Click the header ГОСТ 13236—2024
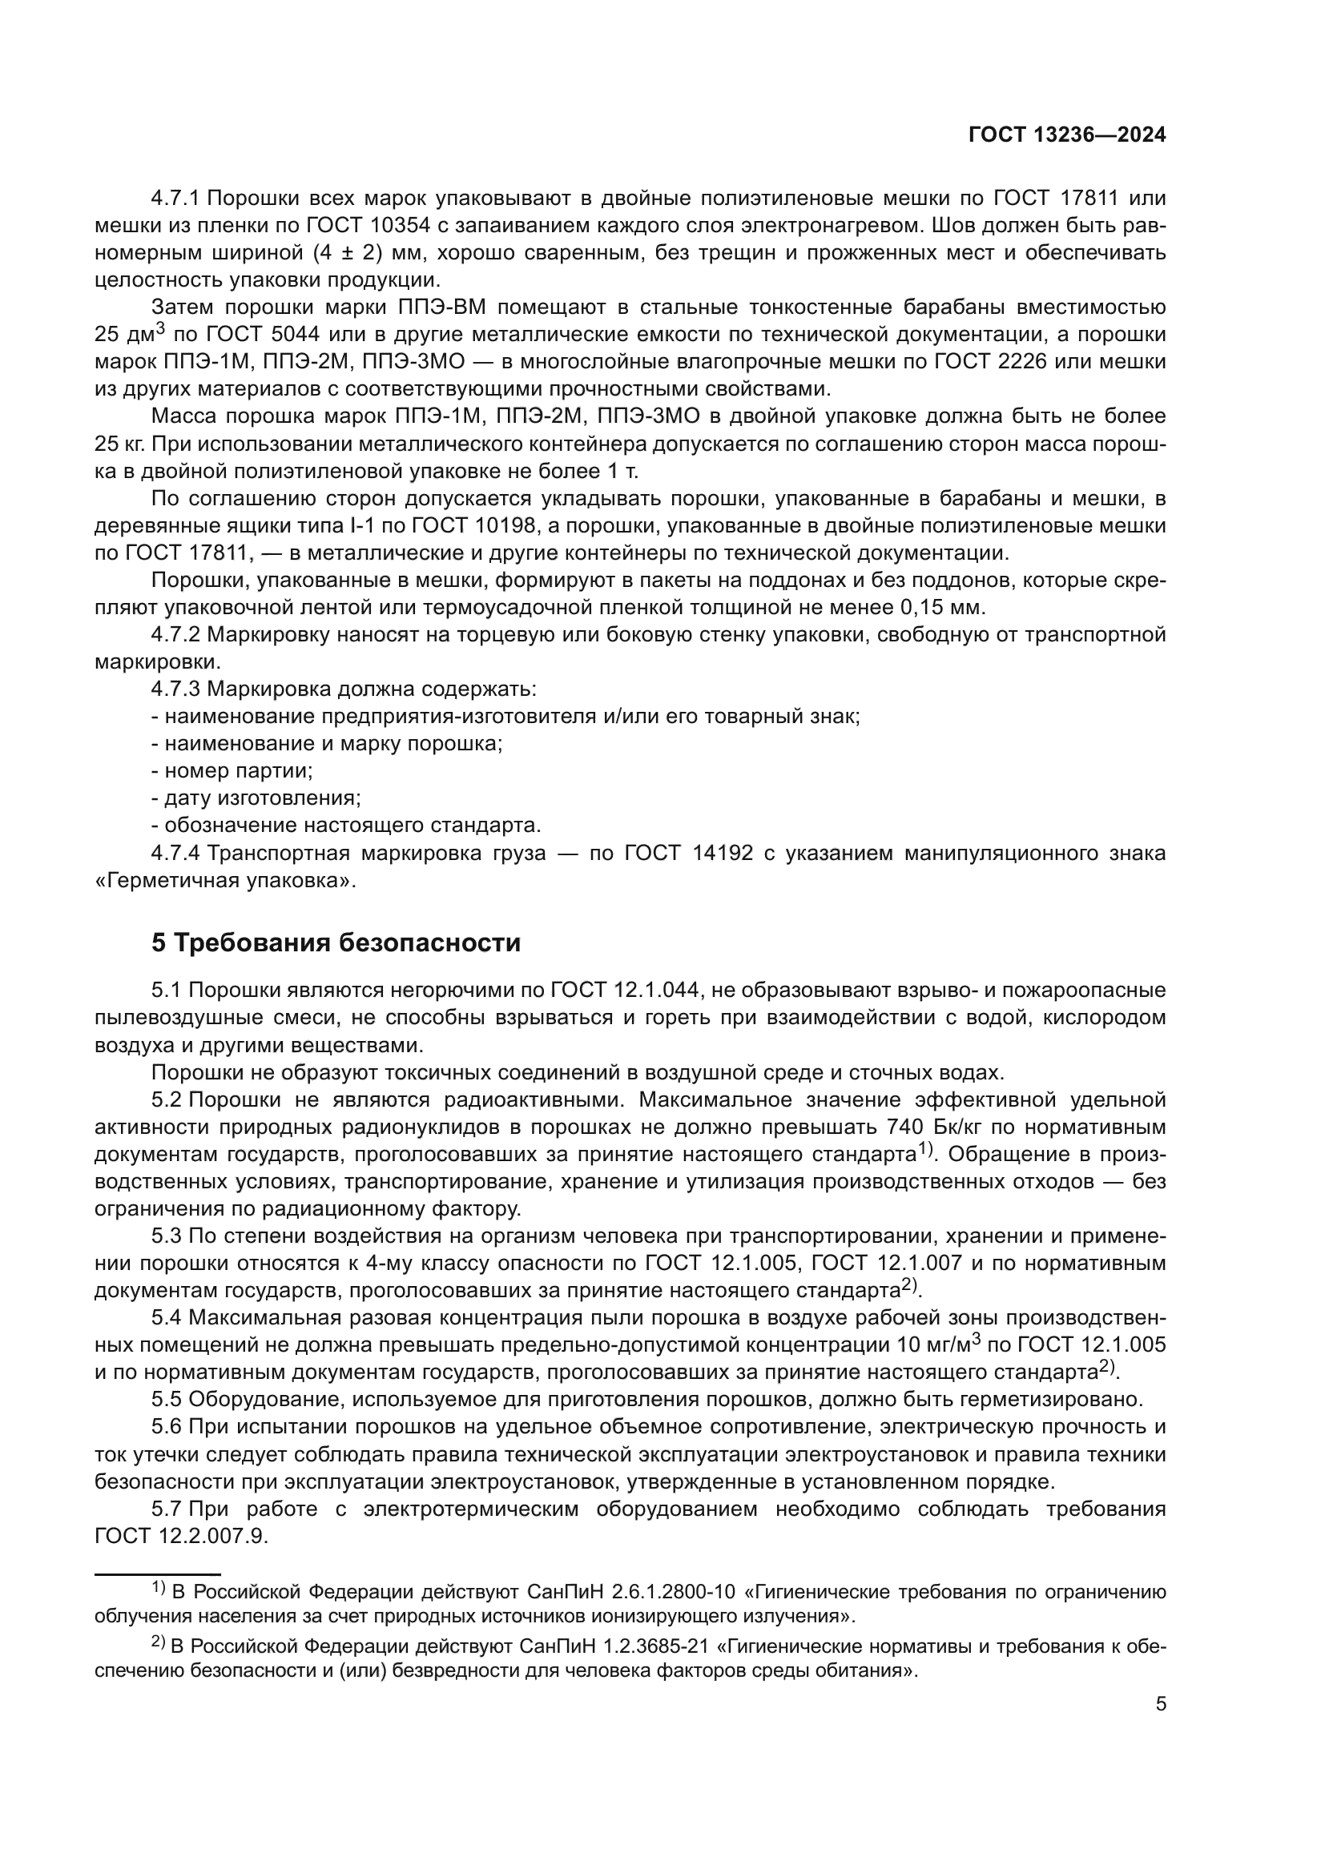pos(1067,135)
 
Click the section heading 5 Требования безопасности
pos(336,943)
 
